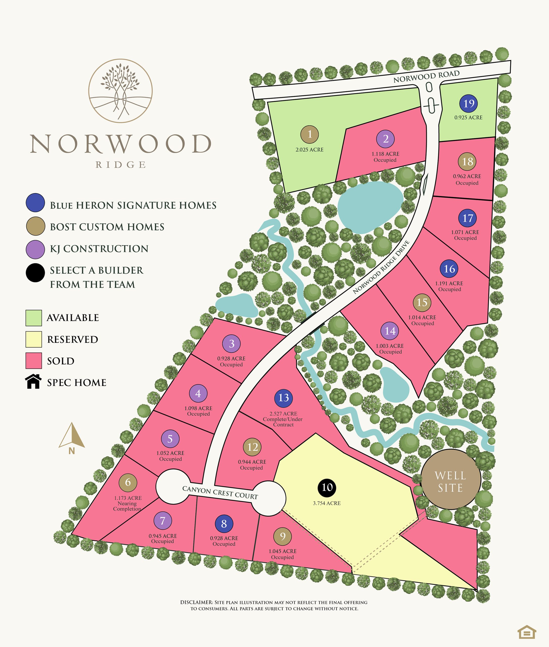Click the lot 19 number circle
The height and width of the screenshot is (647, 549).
click(469, 103)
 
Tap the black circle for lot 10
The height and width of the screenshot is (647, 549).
click(327, 488)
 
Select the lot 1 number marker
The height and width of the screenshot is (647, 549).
click(310, 134)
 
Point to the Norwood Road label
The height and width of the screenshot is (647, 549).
click(426, 77)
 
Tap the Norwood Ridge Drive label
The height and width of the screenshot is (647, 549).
click(381, 267)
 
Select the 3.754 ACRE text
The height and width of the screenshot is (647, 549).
click(327, 503)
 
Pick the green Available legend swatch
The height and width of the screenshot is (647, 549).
click(34, 318)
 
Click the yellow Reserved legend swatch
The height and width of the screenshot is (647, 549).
click(34, 339)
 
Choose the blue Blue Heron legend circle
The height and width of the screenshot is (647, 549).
click(35, 203)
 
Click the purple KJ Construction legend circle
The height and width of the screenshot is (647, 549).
click(35, 249)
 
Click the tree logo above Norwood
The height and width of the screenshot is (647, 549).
click(121, 90)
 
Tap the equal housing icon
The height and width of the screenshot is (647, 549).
click(527, 632)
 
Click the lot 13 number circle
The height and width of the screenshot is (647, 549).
click(283, 398)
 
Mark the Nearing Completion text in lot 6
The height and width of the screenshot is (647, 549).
click(127, 506)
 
